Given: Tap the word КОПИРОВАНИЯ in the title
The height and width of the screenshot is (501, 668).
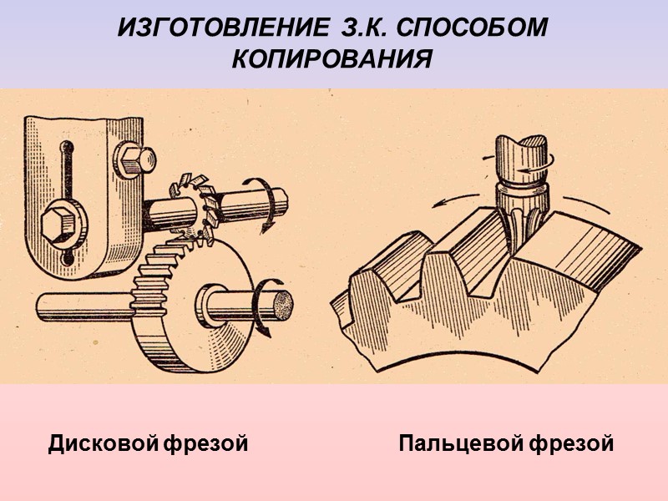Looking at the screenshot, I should point(332,60).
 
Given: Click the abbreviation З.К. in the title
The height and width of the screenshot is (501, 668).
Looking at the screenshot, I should point(362,28).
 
